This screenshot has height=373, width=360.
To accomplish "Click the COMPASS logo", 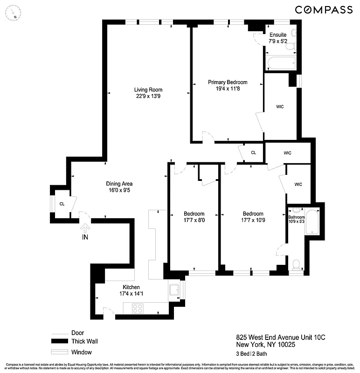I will [324, 9].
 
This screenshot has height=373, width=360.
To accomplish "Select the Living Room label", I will [148, 90].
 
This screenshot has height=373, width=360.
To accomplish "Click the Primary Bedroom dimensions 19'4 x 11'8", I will [228, 89].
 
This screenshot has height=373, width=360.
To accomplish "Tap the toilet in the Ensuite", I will [293, 33].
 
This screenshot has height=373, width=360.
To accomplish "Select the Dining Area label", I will [119, 184].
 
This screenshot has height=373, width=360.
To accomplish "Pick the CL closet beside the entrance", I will [62, 204].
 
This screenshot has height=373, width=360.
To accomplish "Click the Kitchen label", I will [131, 287].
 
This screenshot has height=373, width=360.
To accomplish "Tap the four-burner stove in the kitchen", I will [137, 308].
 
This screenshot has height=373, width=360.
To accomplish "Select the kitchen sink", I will [174, 290].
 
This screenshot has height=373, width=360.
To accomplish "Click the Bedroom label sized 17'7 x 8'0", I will [194, 214].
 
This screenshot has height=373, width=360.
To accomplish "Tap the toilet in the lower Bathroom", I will [295, 265].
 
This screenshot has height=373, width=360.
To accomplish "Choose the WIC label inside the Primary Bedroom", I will [280, 107].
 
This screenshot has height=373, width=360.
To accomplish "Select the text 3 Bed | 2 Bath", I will [255, 354].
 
